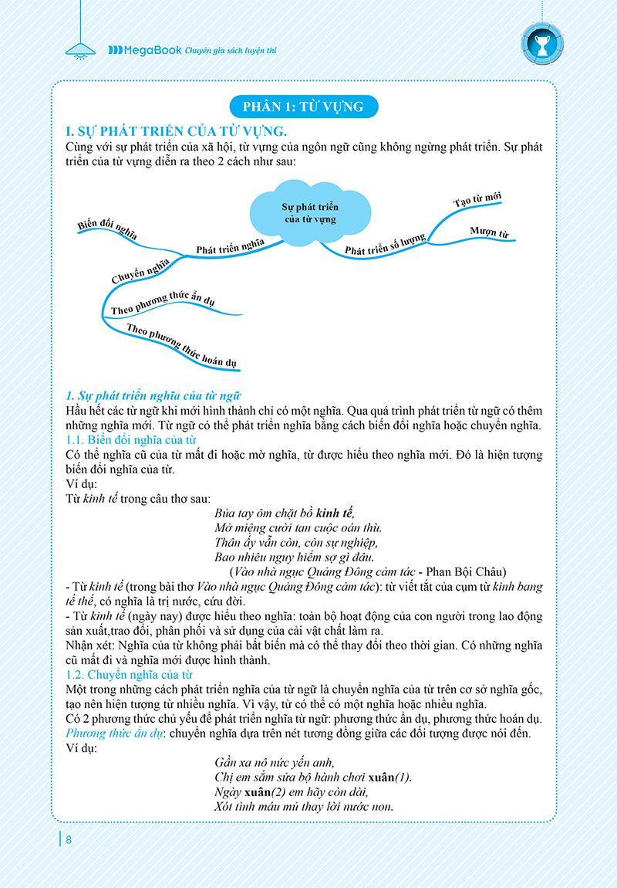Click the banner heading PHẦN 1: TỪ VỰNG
308,104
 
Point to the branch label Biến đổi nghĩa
106,224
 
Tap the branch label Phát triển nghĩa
230,246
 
